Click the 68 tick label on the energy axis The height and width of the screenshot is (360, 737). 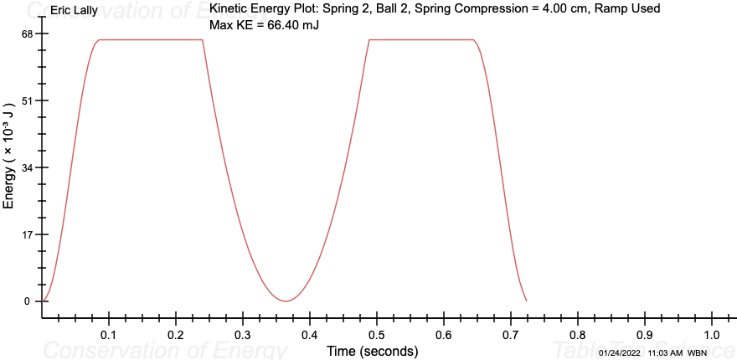pos(28,34)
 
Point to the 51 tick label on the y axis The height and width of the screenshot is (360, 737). pos(28,100)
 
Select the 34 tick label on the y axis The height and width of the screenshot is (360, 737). pos(28,167)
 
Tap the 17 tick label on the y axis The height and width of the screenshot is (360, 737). pos(28,234)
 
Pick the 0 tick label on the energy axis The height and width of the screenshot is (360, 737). pos(27,301)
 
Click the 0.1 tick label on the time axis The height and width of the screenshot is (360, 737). pos(109,335)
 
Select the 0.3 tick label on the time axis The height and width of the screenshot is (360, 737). pos(243,335)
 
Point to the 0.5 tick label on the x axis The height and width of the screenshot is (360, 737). pos(377,335)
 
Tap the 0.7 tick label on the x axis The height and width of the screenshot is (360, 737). pos(511,335)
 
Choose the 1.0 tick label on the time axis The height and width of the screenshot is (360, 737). pos(712,335)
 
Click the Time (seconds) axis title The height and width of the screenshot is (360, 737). pos(372,351)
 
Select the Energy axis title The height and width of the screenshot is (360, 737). pos(9,167)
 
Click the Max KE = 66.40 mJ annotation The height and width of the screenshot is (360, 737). pos(264,25)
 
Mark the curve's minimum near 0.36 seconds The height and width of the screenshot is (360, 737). pos(286,301)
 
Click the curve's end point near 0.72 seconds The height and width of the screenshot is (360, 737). pos(526,301)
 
